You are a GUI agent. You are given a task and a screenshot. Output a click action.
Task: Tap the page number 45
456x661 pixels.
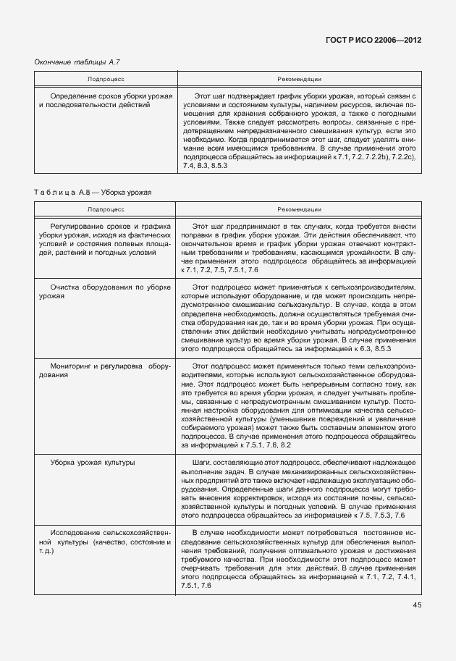pos(417,605)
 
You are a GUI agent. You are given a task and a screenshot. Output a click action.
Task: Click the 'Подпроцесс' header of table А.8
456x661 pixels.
pos(106,209)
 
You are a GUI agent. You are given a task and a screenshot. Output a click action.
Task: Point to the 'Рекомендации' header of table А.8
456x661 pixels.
pos(300,209)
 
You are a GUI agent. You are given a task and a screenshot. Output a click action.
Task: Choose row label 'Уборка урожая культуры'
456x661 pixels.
pos(92,461)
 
